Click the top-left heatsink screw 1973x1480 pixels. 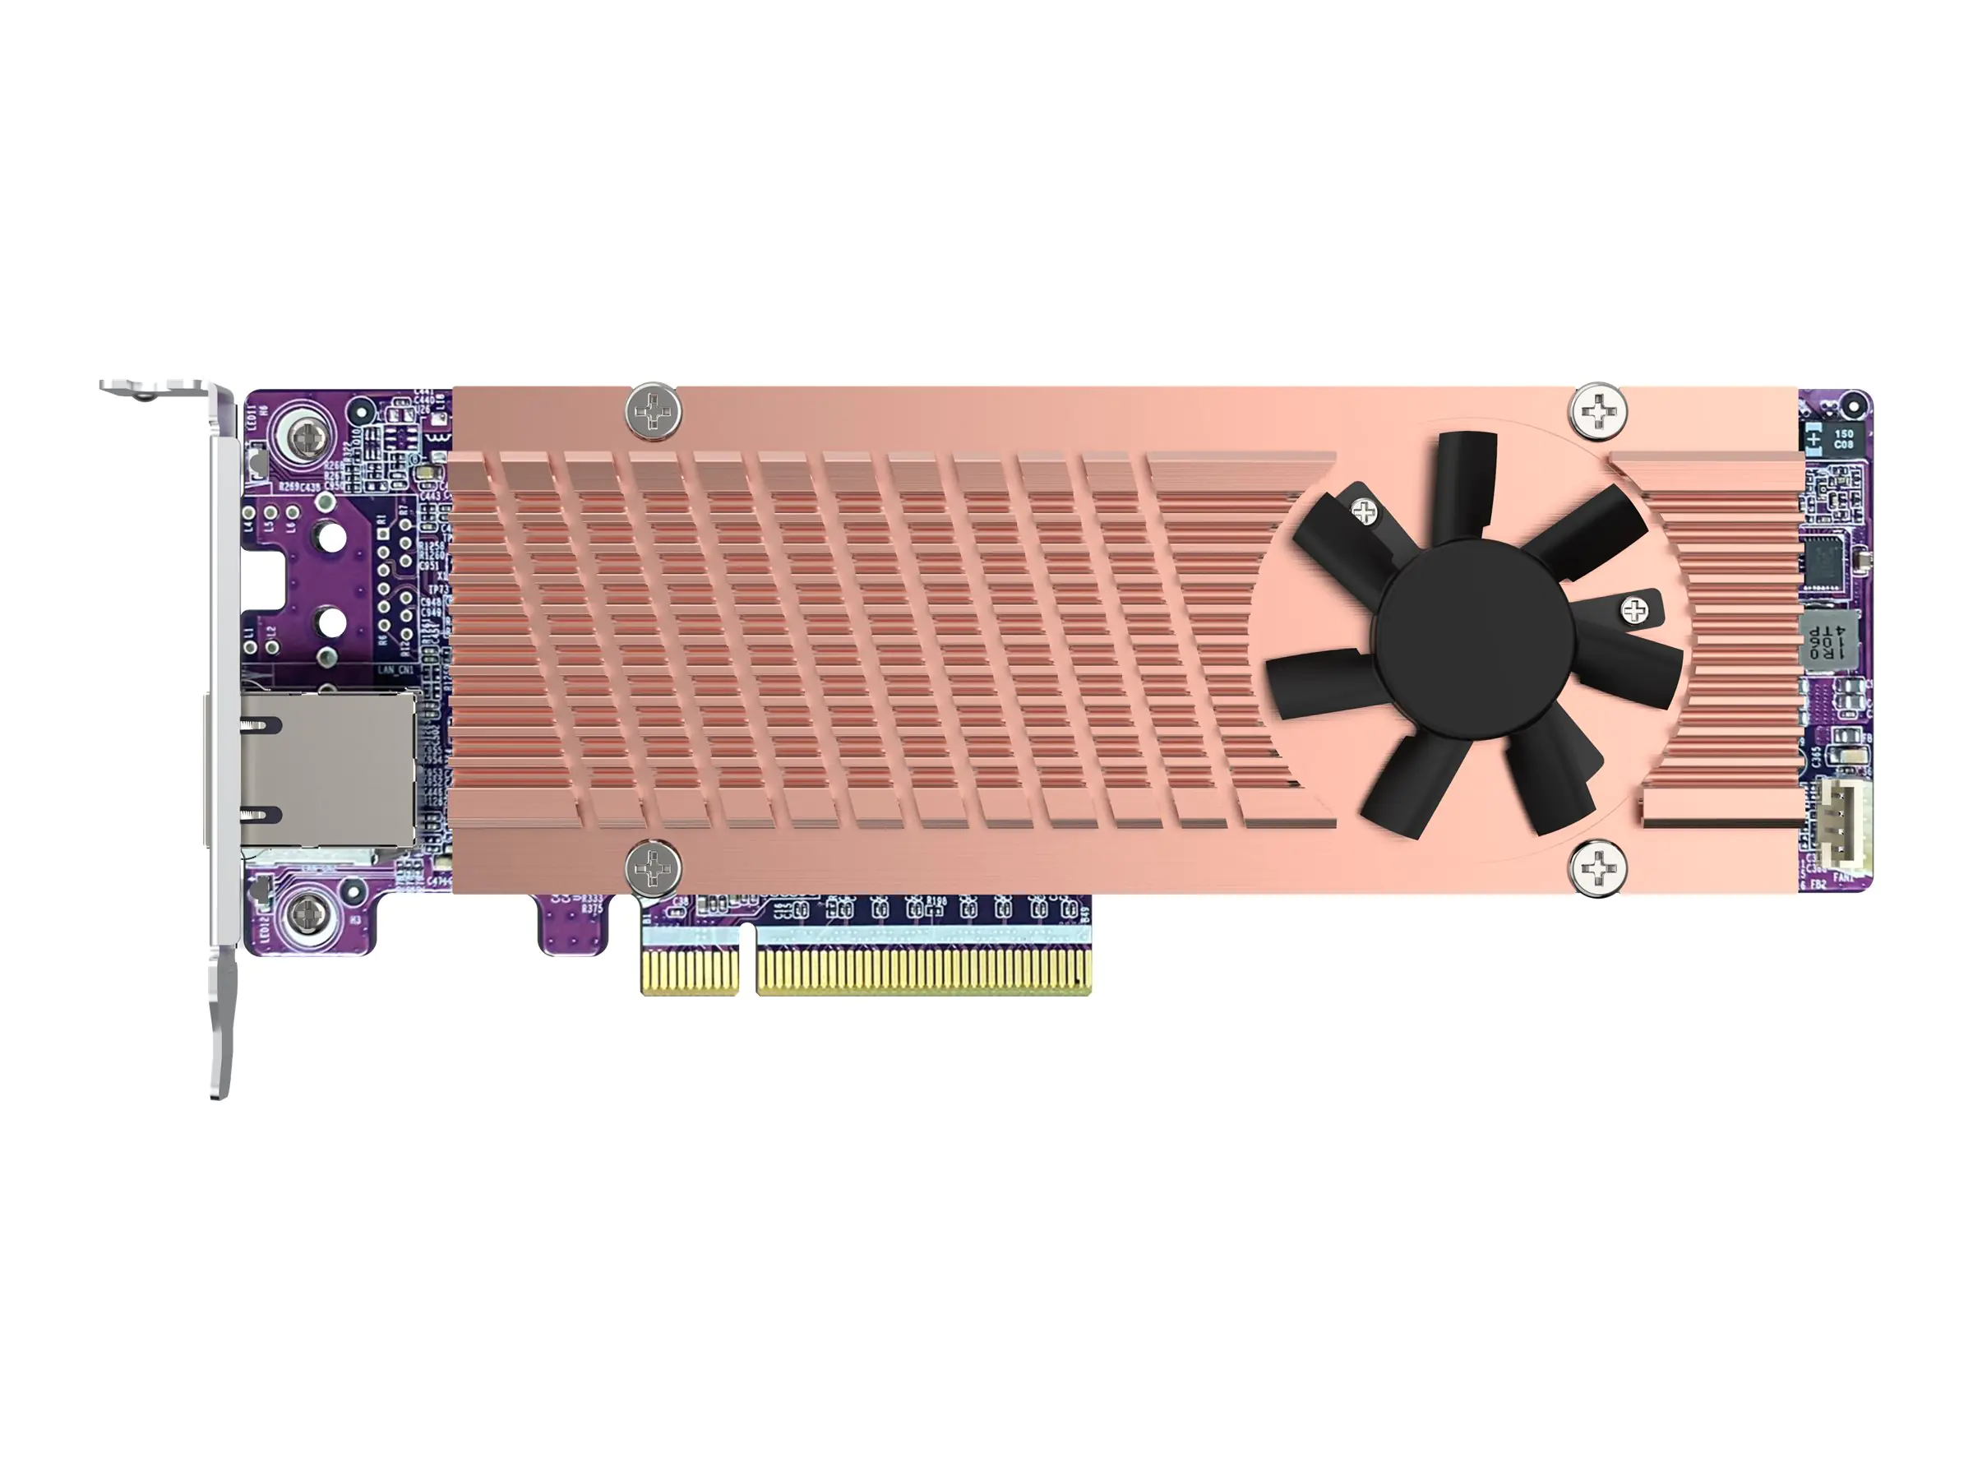tap(654, 412)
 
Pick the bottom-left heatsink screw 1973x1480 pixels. tap(653, 867)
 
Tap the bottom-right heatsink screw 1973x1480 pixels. tap(1597, 867)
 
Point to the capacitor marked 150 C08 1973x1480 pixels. tap(1842, 438)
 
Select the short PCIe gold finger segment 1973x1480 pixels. tap(691, 972)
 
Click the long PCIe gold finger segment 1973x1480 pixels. tap(923, 972)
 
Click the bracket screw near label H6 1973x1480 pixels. tap(306, 438)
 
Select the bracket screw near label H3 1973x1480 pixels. tap(306, 913)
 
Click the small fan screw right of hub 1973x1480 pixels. tap(1633, 611)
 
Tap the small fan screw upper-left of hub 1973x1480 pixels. tap(1365, 511)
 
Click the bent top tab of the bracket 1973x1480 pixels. tap(156, 388)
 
